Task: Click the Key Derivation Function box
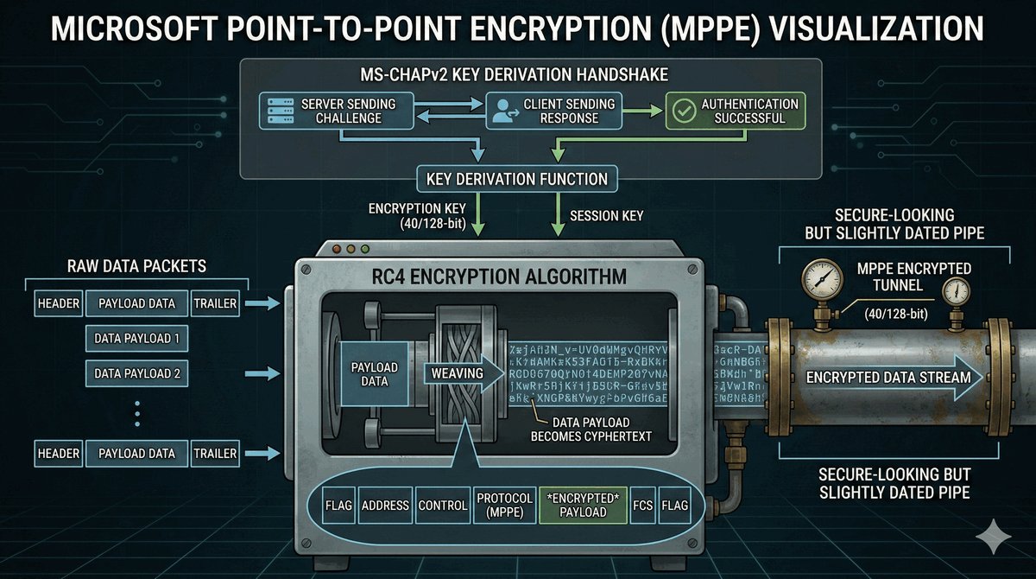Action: tap(517, 180)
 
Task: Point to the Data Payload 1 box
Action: tap(137, 338)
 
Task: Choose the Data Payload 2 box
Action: tap(137, 373)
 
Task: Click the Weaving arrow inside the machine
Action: tap(458, 373)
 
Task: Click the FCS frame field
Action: tap(643, 506)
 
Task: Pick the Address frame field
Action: tap(384, 506)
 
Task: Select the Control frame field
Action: tap(442, 506)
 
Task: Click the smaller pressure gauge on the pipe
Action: tap(956, 292)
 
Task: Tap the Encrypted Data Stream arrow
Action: tap(889, 377)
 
